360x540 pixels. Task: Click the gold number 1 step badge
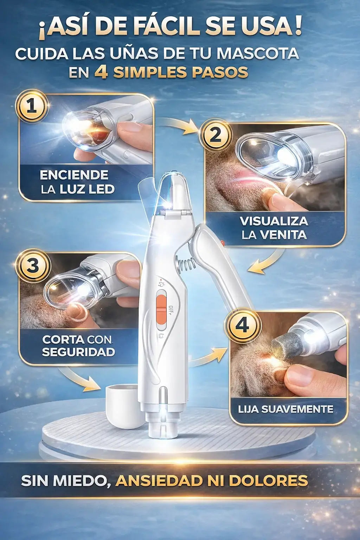tap(32, 107)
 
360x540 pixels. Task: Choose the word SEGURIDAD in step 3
tap(78, 352)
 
